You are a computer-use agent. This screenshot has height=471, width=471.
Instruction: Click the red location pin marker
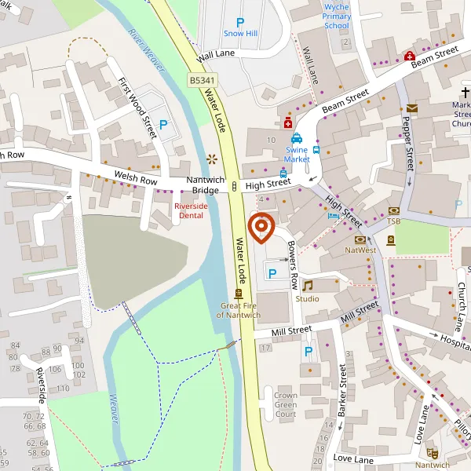pos(260,227)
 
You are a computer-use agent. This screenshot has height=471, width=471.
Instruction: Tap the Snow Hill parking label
pos(240,34)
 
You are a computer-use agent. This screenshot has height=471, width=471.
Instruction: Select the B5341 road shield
pos(200,80)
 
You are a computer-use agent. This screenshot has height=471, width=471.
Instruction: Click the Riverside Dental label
pos(191,210)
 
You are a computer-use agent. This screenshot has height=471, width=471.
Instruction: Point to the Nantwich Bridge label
pos(206,185)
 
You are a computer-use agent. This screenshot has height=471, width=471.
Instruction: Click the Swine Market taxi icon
pos(297,138)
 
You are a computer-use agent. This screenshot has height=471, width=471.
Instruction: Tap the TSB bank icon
pos(393,211)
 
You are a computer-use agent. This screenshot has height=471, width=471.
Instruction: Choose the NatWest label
pos(361,250)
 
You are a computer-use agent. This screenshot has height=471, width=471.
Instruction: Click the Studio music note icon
pos(308,286)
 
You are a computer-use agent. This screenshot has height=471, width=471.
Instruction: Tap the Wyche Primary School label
pos(337,16)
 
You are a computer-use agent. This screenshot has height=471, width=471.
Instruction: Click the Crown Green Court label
pos(286,404)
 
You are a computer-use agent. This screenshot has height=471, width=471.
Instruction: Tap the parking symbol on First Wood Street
pos(164,124)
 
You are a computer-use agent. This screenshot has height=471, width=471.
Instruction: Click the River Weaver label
pos(146,51)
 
